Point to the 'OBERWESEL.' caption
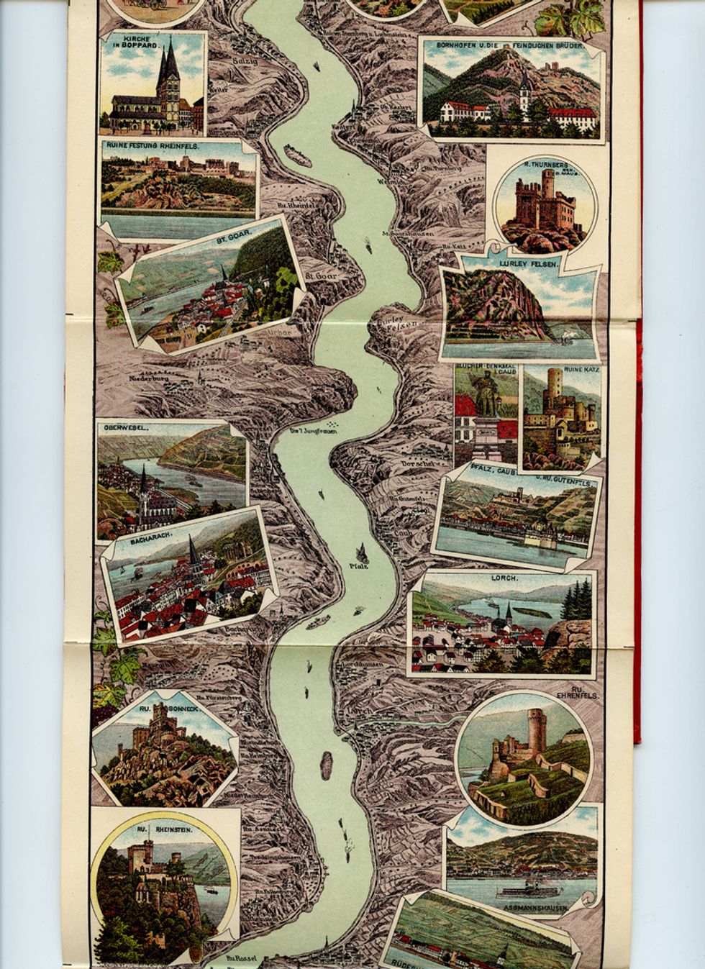tap(126, 427)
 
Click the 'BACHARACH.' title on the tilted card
tap(150, 537)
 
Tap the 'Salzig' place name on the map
tap(245, 62)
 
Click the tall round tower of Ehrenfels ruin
tap(537, 727)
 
